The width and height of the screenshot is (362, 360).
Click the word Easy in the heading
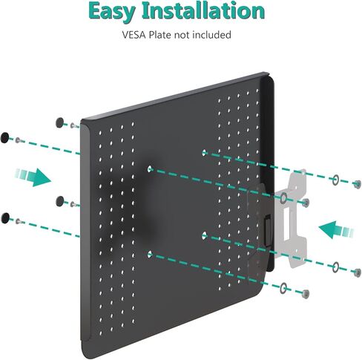click(112, 12)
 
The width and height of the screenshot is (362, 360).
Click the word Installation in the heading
click(203, 10)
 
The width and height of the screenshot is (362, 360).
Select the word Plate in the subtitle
click(160, 35)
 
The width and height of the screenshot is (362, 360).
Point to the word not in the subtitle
click(182, 35)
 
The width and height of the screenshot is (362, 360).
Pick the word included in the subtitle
click(211, 35)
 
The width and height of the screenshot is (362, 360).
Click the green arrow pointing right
click(33, 177)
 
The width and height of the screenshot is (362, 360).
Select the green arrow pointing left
click(336, 229)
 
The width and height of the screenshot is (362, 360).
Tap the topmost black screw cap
click(59, 122)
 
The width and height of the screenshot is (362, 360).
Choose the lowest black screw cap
click(5, 218)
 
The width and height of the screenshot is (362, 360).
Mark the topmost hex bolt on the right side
click(356, 184)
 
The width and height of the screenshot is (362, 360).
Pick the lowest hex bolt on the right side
click(306, 294)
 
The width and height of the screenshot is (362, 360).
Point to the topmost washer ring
click(335, 180)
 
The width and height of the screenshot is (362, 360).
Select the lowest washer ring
click(283, 288)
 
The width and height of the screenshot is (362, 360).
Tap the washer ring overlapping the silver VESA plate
click(283, 198)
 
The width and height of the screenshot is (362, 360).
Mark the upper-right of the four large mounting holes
click(204, 153)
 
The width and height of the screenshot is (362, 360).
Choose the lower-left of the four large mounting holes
click(149, 254)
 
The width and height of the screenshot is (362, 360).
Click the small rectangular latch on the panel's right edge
click(268, 230)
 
